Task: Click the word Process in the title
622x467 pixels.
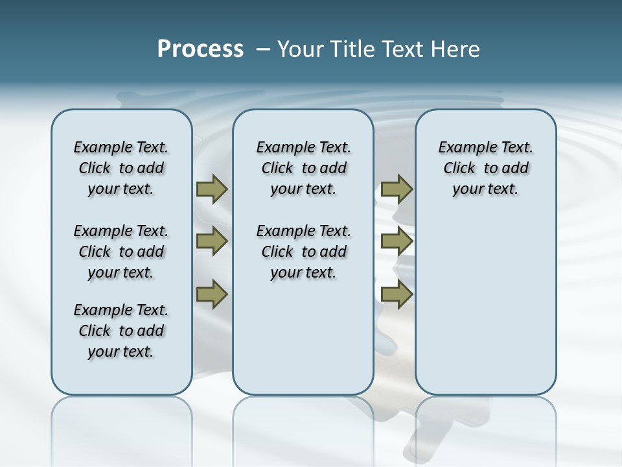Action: coord(200,49)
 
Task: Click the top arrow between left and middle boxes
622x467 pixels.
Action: coord(212,189)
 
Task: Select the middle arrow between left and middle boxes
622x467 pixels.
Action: coord(212,241)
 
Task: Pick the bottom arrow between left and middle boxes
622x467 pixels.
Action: coord(212,294)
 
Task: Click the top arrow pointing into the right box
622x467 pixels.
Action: coord(397,189)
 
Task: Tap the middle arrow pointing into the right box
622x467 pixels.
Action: coord(397,241)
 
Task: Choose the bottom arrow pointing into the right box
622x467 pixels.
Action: coord(397,294)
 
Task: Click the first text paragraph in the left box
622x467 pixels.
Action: coord(121,168)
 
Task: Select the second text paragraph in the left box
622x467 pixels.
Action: coord(121,252)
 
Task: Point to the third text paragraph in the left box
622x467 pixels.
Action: coord(121,331)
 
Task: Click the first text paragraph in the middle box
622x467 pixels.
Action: coord(303,168)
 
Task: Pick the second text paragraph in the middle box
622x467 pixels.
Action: coord(303,252)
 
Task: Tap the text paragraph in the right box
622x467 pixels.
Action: coord(485,168)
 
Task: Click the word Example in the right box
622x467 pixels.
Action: coord(464,148)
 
